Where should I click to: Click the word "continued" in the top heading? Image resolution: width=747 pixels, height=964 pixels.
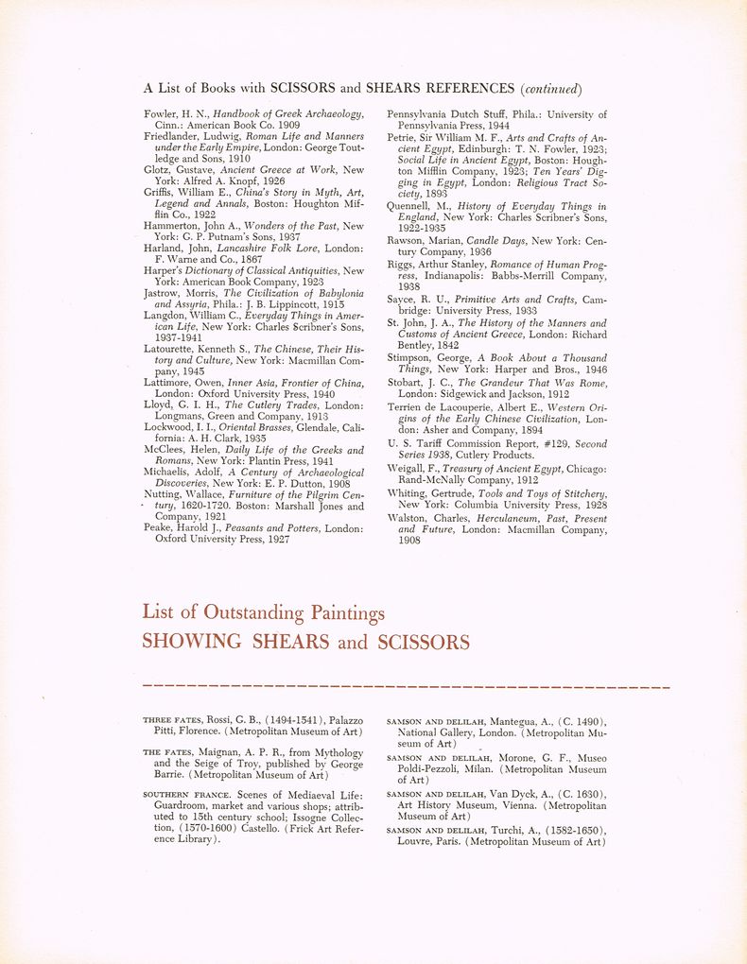tap(550, 89)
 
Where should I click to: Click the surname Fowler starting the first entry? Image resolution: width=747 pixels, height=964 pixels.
tap(160, 114)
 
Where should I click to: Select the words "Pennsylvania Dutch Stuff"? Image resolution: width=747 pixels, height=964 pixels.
tap(448, 114)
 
